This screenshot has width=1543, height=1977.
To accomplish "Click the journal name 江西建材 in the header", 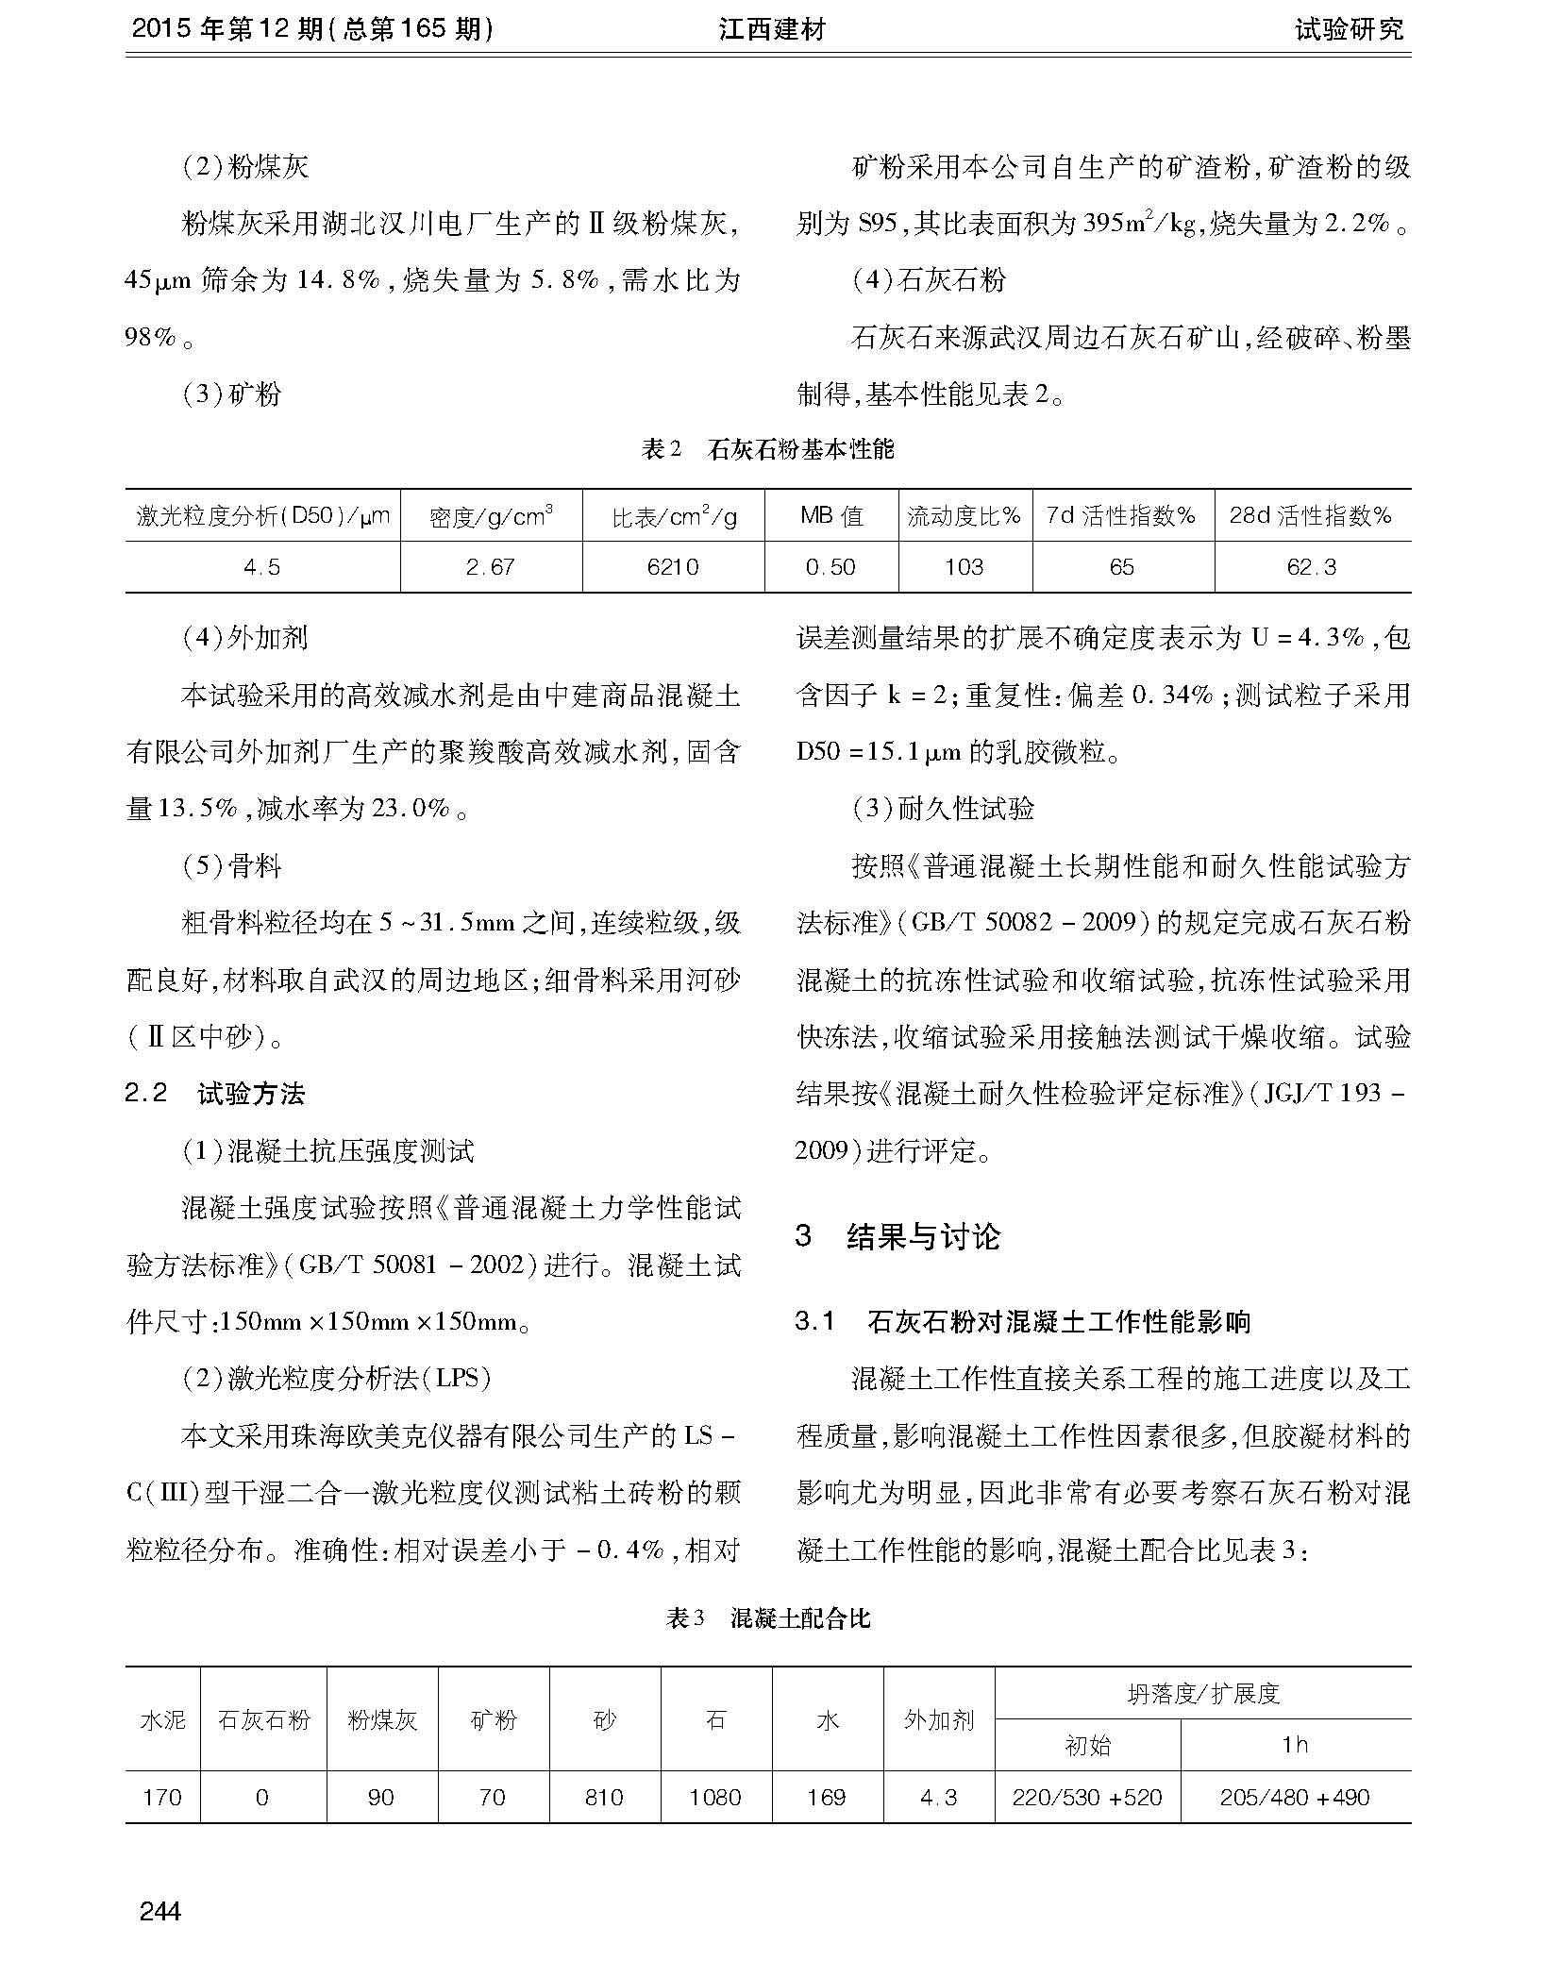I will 771,29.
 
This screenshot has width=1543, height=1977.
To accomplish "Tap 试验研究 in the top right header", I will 1349,29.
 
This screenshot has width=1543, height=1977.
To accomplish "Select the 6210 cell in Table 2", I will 673,567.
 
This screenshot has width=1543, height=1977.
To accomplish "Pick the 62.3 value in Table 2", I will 1311,567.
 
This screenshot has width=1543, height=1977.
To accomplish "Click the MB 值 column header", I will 830,516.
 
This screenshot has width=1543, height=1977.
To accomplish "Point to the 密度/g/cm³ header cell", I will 491,516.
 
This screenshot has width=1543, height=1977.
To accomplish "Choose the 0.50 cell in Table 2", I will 830,567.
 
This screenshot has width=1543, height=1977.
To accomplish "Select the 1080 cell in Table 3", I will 715,1798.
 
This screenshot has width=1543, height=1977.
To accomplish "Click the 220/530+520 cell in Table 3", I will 1087,1798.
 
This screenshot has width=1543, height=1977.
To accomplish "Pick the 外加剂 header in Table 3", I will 938,1719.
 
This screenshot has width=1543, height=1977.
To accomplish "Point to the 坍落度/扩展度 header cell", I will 1202,1694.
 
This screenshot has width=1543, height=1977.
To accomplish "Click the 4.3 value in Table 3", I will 938,1798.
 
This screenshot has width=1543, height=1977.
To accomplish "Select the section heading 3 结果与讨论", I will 897,1236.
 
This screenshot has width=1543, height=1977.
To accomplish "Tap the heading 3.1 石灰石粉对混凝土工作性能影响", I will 1023,1321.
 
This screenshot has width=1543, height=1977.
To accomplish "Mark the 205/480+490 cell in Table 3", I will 1295,1798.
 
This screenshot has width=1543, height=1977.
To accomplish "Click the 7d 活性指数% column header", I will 1121,516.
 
